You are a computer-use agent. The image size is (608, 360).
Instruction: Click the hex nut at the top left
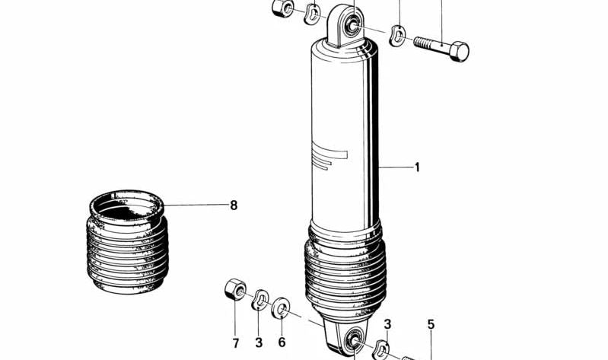click(x=279, y=8)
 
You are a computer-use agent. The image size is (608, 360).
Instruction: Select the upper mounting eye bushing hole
click(x=352, y=26)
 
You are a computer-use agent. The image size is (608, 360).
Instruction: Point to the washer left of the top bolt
click(x=396, y=35)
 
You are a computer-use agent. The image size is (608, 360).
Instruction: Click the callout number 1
click(x=417, y=167)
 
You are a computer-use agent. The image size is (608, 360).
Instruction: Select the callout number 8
click(x=234, y=205)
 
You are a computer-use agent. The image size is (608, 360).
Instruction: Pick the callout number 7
click(x=236, y=343)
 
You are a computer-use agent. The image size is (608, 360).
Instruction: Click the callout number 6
click(x=282, y=343)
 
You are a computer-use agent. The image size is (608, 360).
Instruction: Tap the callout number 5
click(x=431, y=325)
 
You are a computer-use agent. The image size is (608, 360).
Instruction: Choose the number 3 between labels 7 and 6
click(x=259, y=343)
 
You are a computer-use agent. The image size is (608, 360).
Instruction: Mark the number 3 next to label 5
click(x=387, y=325)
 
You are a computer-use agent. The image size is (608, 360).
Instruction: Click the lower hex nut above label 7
click(x=234, y=289)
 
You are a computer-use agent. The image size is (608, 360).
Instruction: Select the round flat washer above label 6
click(x=281, y=308)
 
